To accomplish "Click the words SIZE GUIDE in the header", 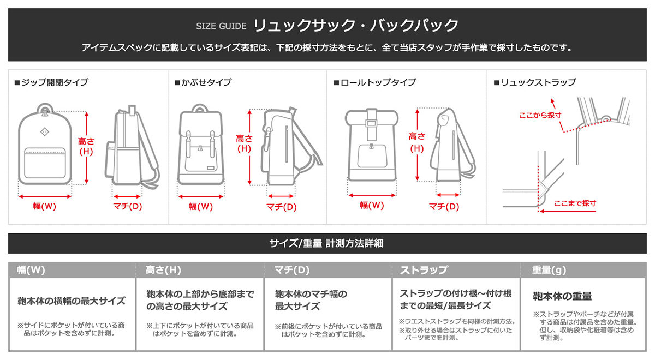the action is point(221,26).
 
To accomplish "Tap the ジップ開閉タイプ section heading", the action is point(51,82).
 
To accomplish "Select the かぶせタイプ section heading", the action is point(203,82).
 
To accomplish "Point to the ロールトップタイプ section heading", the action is point(375,82).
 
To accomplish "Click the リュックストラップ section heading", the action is point(535,82).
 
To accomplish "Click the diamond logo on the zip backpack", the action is point(45,132).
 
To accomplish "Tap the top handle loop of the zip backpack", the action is point(45,108).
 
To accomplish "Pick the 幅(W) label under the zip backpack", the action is point(44,206).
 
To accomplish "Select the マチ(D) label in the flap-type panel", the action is point(281,207).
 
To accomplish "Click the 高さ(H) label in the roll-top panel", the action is point(417,142).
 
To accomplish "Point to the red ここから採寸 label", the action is point(540,116).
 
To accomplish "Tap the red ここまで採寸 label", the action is point(575,203).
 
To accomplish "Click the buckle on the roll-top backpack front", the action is point(371,124).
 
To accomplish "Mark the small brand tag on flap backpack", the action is point(210,168).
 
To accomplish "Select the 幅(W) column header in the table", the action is point(31,269).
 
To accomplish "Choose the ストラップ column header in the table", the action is point(424,269).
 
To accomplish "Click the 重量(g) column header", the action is point(549,269).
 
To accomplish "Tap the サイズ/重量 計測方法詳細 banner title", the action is point(326,243).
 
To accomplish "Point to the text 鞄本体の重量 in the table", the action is point(562,296).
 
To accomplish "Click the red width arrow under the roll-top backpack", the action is point(372,195).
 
